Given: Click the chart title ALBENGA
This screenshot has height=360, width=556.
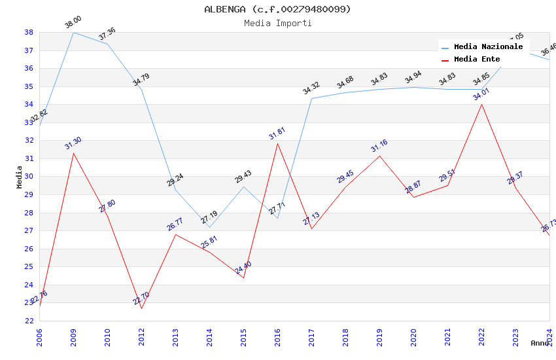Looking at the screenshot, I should point(277,9).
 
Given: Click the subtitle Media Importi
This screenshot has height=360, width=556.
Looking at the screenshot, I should point(277,23).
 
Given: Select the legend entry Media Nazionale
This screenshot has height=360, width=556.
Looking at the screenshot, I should point(488,46).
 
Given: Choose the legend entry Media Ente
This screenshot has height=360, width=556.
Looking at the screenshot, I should point(477,59).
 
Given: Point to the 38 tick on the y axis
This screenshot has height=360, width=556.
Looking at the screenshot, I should point(29,32).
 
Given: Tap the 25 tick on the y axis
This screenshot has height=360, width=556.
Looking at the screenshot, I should point(29,266).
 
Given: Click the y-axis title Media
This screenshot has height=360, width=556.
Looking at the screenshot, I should point(20,177).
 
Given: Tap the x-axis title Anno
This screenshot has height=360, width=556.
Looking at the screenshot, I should point(540,343).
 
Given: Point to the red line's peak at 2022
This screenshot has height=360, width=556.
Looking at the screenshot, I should point(481,104).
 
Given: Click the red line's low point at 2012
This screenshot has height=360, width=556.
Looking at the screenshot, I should point(141,308).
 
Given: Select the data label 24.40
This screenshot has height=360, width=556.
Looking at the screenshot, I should point(243,267).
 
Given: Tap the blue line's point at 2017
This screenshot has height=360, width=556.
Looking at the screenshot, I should point(311,99).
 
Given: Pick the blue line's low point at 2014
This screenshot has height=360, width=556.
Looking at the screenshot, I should point(209,227).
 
